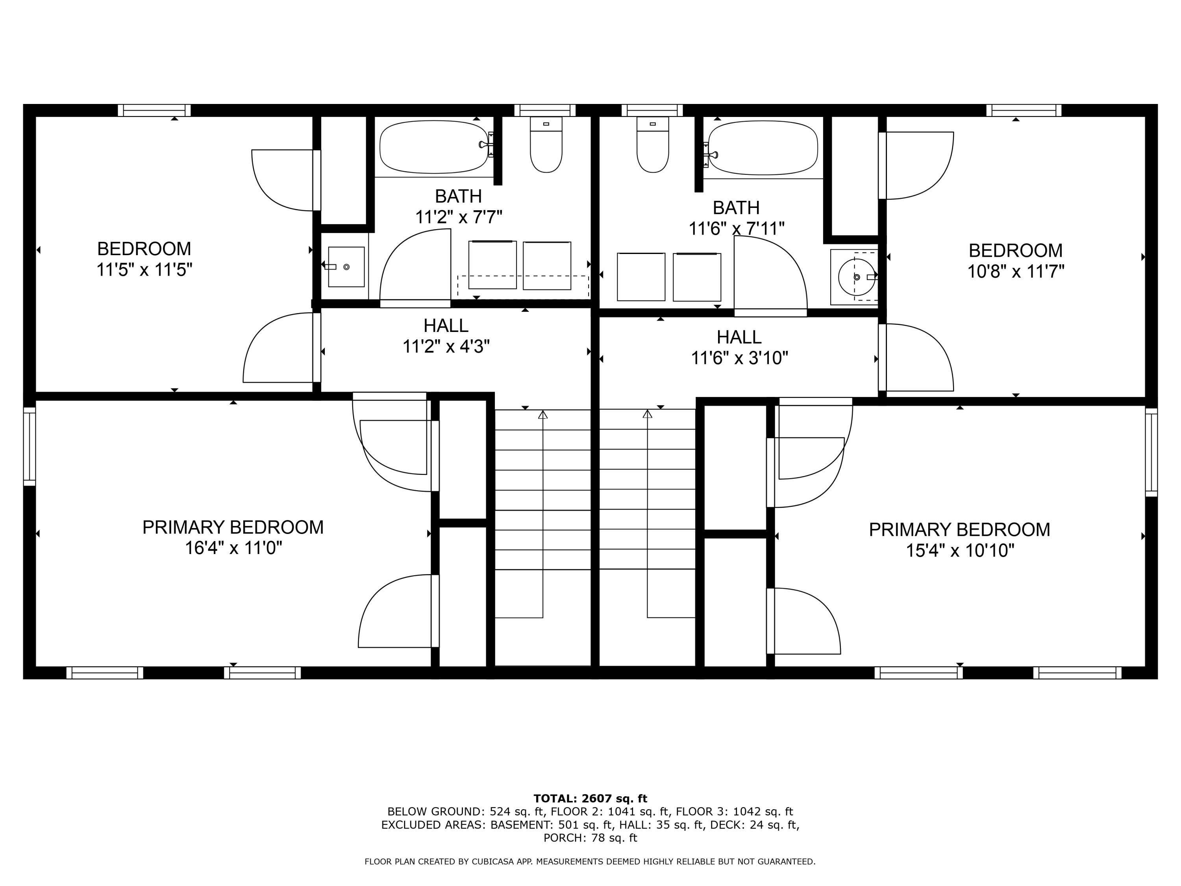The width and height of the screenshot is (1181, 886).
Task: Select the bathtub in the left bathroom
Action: [433, 147]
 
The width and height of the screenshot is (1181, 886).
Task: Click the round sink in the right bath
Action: [856, 277]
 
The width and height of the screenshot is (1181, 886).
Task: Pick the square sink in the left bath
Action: [346, 267]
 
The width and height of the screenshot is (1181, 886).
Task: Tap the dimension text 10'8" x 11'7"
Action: [1016, 272]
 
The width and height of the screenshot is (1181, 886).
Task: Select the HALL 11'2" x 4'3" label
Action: [446, 336]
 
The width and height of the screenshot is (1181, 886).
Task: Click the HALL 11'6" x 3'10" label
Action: [739, 347]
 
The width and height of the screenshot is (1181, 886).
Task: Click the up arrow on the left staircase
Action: [543, 414]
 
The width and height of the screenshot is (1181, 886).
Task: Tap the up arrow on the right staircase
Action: [648, 414]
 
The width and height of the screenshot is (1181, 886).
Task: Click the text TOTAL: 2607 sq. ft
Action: [590, 799]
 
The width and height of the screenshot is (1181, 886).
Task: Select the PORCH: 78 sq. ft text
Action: [590, 838]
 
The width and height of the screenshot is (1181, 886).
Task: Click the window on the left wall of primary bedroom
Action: [30, 447]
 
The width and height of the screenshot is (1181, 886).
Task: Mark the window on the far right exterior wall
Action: [1151, 452]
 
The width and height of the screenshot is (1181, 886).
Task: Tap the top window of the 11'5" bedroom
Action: [154, 111]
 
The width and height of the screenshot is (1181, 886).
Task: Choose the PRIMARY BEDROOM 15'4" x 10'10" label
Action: [959, 539]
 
